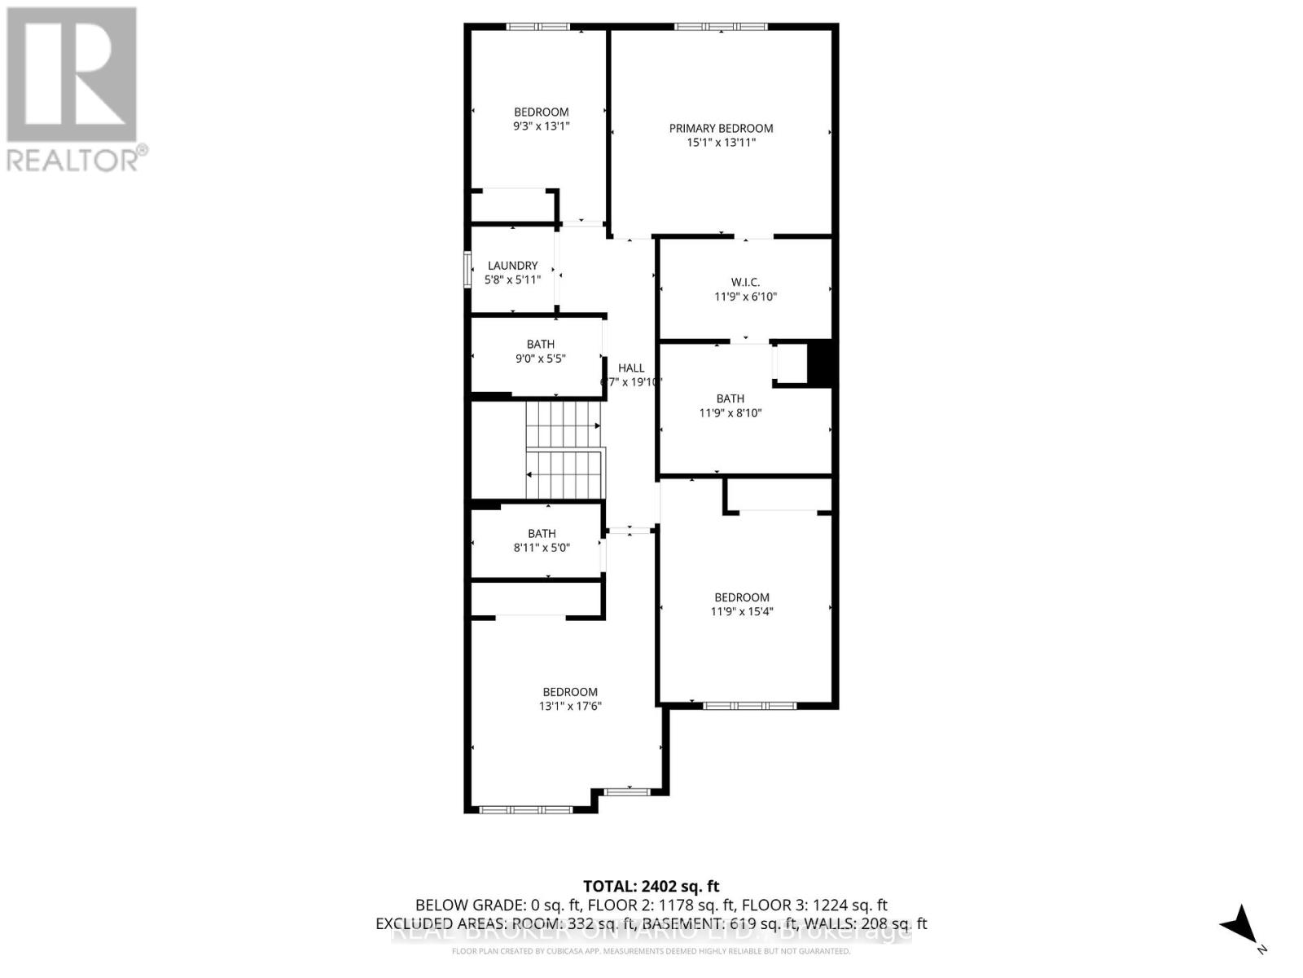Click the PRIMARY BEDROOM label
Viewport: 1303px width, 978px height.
pos(721,128)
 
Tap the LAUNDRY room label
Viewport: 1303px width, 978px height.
pos(512,265)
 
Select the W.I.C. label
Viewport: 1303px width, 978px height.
pos(745,282)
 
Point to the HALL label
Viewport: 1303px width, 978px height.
pos(630,368)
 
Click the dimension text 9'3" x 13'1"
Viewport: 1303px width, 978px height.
pos(541,126)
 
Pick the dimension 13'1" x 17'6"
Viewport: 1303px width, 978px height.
pos(570,707)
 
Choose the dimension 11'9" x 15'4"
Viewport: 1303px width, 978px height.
pos(742,611)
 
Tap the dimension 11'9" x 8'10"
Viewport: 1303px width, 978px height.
pos(730,413)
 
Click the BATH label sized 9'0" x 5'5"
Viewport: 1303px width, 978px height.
pos(541,344)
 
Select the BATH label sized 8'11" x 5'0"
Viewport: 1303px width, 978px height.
pos(542,533)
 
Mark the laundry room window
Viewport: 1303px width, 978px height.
pos(467,270)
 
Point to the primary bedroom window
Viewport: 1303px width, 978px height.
pos(721,27)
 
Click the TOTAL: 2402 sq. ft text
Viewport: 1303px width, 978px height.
pos(651,886)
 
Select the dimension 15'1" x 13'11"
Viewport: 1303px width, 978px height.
pos(721,143)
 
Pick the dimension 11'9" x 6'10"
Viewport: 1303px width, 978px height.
pos(745,297)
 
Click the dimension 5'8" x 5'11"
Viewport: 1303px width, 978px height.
pos(512,280)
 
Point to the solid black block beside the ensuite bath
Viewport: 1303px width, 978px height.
pos(820,362)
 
